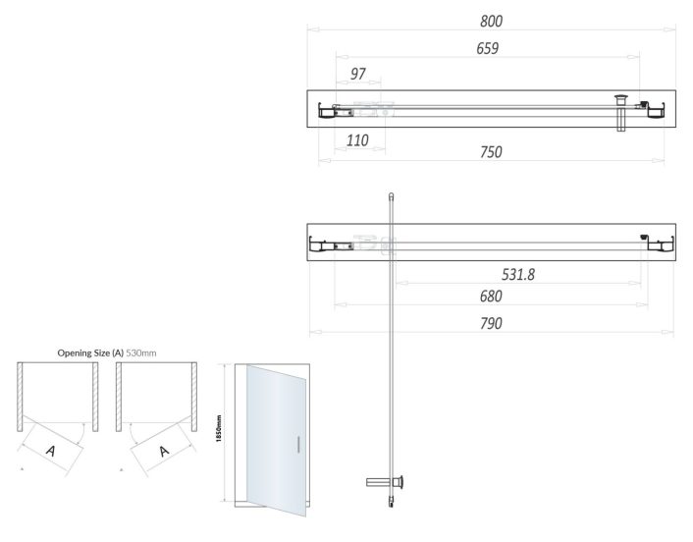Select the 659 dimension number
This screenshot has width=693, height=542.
pyautogui.click(x=488, y=48)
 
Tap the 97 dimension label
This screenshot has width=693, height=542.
pyautogui.click(x=358, y=75)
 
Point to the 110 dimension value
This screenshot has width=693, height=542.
pyautogui.click(x=357, y=141)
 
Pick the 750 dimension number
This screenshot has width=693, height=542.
pyautogui.click(x=491, y=152)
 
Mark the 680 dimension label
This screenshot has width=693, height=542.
pyautogui.click(x=490, y=297)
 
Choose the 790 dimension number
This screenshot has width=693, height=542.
pyautogui.click(x=490, y=323)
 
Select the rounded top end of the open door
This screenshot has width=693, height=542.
pyautogui.click(x=391, y=195)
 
